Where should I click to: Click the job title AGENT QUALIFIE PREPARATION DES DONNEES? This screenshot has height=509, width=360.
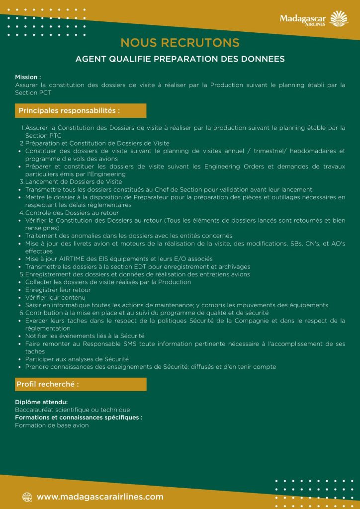coord(180,59)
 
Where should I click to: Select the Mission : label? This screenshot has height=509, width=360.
coord(28,78)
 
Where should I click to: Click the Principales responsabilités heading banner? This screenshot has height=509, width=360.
coord(81,110)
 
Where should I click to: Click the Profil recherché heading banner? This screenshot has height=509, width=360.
coord(81,384)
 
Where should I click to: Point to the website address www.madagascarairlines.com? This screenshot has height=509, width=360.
coord(100,497)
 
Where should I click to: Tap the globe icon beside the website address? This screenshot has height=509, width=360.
coord(27,497)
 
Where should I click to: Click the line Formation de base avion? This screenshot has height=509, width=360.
coord(52,425)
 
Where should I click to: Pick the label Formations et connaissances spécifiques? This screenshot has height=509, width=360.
coord(79,418)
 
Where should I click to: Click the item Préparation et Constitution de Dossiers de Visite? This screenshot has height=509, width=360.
coord(97,143)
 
